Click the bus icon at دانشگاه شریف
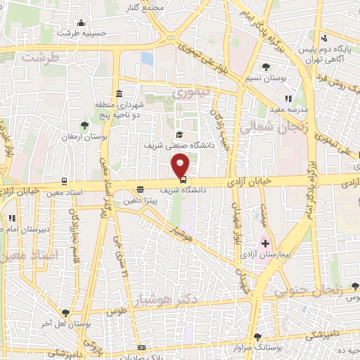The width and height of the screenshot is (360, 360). pos(174,188)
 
